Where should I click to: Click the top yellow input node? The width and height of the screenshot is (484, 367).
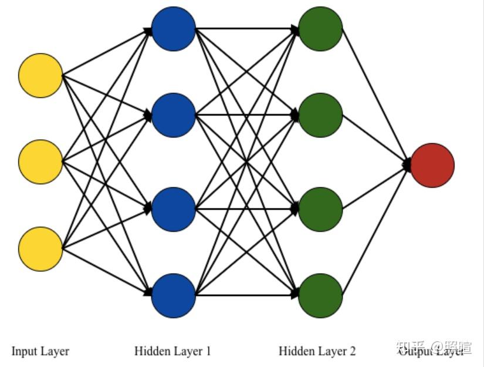click(x=40, y=75)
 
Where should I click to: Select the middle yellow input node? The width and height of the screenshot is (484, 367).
click(x=40, y=161)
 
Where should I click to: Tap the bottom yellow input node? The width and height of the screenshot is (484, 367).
click(x=40, y=249)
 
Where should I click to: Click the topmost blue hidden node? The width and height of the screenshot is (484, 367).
click(x=173, y=28)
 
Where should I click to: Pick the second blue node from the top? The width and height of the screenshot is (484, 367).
click(x=173, y=115)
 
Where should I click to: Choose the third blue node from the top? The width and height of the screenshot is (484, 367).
click(x=173, y=209)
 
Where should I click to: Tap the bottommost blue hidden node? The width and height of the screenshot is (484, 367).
click(x=173, y=295)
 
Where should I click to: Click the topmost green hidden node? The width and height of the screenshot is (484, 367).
click(x=320, y=28)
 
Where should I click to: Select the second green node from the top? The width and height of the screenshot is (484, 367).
click(x=320, y=115)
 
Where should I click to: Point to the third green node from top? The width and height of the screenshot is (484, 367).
click(x=320, y=209)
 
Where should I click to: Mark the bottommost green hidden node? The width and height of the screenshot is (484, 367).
click(x=320, y=295)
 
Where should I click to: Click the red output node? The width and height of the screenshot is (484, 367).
click(x=432, y=165)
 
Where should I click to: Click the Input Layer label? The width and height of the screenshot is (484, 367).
click(x=40, y=351)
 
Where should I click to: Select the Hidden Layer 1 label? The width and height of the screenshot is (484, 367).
click(x=172, y=351)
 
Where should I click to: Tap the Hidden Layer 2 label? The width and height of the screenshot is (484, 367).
click(x=317, y=351)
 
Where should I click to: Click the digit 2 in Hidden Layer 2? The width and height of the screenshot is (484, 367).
click(x=352, y=351)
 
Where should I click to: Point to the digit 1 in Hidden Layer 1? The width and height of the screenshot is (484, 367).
click(x=208, y=351)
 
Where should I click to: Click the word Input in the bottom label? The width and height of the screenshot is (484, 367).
click(x=24, y=351)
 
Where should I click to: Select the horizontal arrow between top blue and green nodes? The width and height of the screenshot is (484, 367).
click(x=246, y=28)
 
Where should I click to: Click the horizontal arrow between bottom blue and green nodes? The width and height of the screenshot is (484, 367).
click(x=246, y=295)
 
